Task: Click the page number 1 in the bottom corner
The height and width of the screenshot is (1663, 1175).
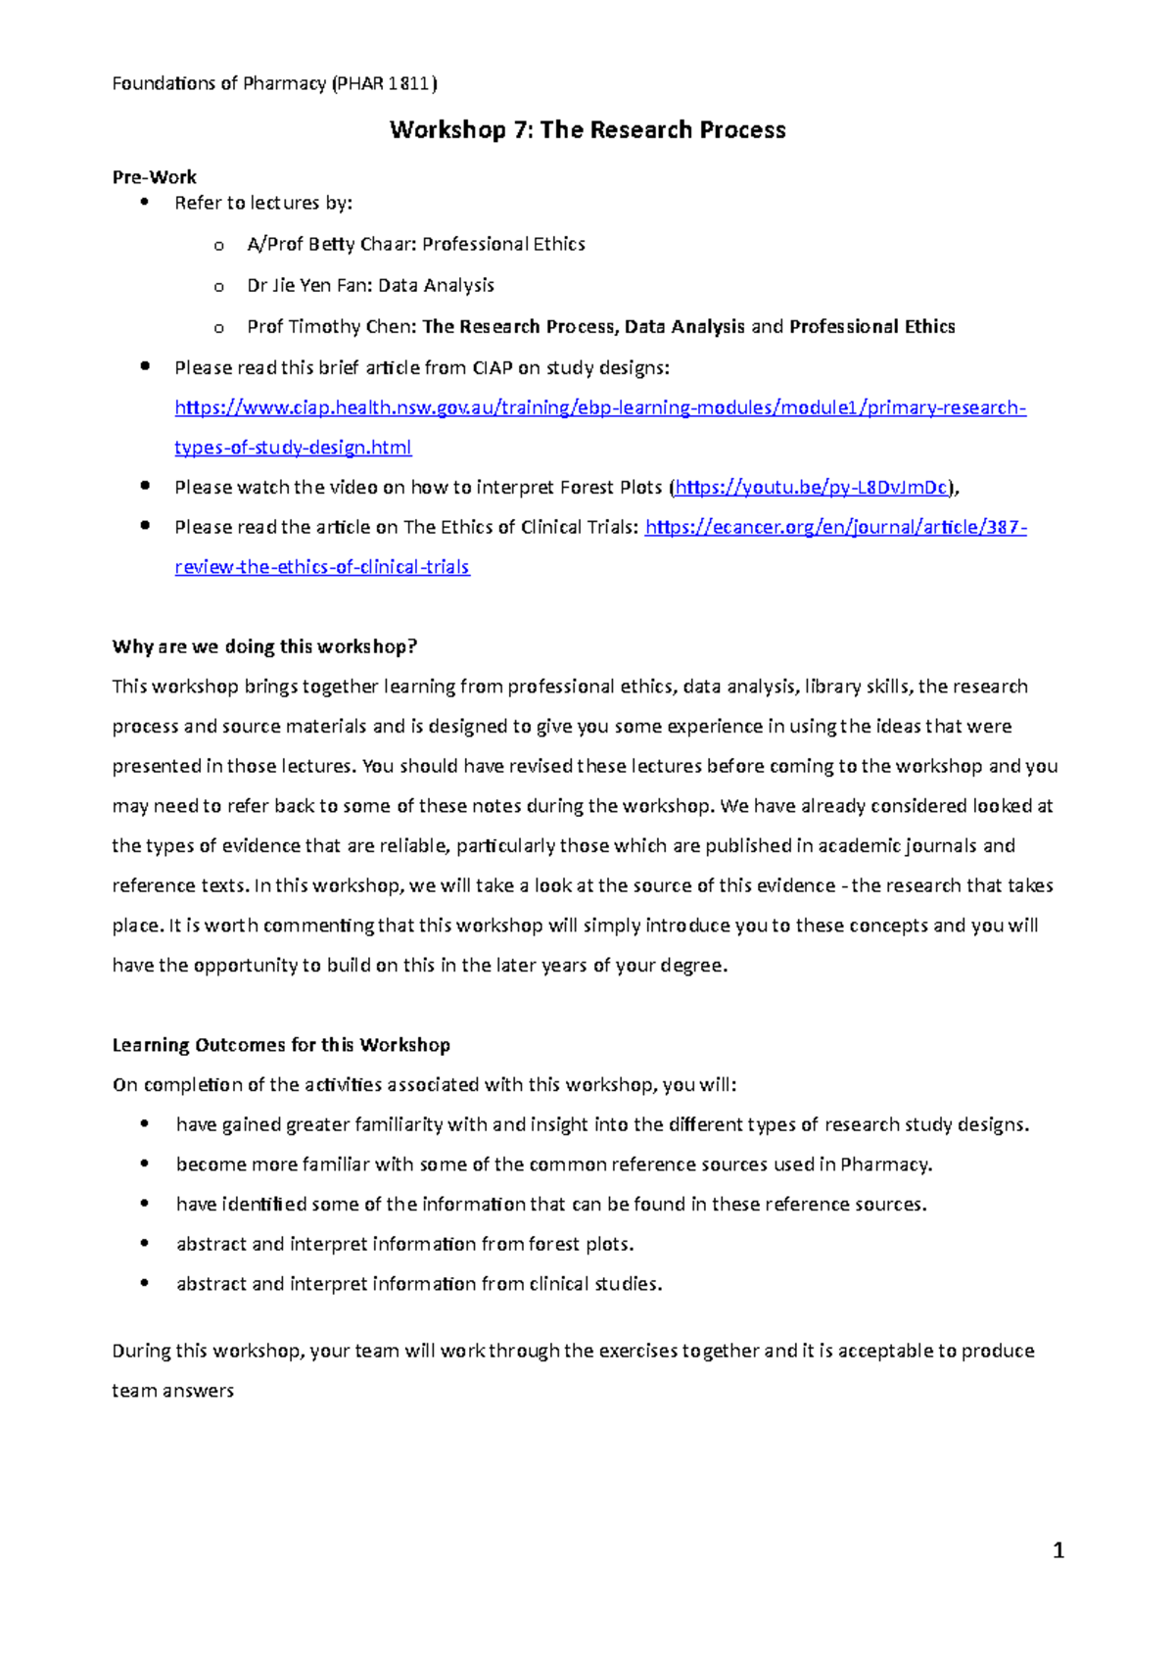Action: [x=1057, y=1550]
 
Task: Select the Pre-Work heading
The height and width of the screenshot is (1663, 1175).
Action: [x=155, y=177]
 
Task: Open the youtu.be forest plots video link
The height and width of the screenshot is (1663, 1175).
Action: [x=812, y=487]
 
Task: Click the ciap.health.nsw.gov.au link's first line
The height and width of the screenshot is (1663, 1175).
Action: [x=599, y=407]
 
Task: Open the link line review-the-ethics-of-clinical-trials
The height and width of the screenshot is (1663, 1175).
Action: [x=322, y=567]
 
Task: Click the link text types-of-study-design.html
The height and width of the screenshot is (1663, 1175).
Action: [x=293, y=448]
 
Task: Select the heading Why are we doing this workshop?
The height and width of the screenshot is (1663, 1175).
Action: [x=264, y=646]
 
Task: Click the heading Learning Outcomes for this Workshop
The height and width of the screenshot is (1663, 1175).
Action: [x=281, y=1045]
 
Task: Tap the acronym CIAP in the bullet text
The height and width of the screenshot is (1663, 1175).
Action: [x=493, y=368]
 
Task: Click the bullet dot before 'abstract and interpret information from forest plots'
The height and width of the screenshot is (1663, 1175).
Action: [x=145, y=1244]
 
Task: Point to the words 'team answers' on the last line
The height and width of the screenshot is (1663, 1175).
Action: [x=172, y=1391]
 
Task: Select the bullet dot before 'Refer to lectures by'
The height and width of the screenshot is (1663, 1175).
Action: [x=145, y=202]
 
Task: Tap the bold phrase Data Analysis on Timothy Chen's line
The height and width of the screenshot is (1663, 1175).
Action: [x=684, y=326]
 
